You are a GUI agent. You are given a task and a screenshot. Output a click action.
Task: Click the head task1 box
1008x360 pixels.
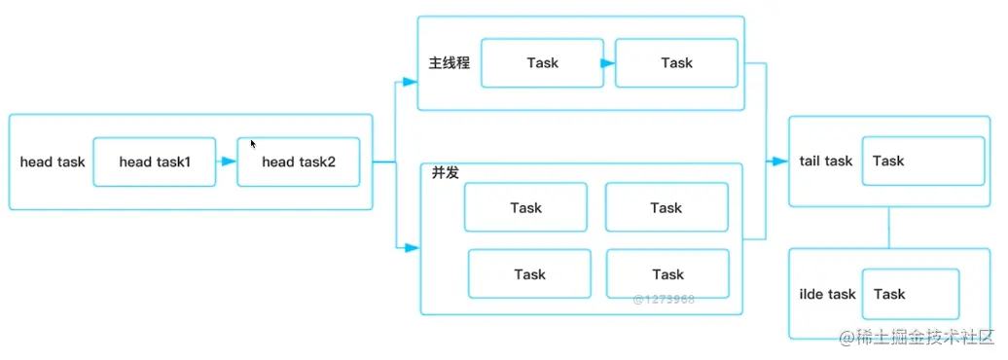click(x=155, y=162)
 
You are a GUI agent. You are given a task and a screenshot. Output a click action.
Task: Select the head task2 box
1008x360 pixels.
click(x=298, y=162)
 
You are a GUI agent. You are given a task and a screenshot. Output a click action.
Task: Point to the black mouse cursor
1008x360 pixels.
click(x=253, y=144)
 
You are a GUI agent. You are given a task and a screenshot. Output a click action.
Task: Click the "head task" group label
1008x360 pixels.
click(x=53, y=162)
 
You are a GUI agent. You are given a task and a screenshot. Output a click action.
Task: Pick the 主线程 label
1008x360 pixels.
click(x=450, y=63)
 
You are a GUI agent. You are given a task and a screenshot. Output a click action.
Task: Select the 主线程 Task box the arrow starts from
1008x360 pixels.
click(x=542, y=63)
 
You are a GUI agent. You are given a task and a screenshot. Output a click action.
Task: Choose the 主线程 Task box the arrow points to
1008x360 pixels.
click(x=676, y=63)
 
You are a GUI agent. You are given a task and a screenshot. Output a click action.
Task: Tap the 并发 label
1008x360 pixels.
click(x=446, y=172)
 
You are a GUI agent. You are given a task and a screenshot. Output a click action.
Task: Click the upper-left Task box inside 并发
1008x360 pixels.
click(x=525, y=207)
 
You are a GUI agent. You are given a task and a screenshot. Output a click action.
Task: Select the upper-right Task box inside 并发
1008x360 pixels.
click(x=666, y=207)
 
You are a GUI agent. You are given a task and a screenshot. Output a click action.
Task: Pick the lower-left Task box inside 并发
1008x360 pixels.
click(x=529, y=274)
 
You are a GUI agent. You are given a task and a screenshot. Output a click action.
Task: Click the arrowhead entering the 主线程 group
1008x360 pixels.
click(x=411, y=82)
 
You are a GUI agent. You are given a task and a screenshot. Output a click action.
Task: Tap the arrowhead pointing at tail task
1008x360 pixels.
click(x=779, y=161)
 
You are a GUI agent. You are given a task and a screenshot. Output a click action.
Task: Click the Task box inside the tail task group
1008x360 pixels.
click(x=922, y=162)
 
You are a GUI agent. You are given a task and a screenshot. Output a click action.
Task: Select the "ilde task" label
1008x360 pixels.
click(x=827, y=294)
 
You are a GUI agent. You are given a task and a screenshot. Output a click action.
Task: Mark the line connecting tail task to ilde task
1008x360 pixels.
click(x=888, y=228)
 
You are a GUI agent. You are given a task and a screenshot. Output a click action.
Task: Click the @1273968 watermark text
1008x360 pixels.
click(x=664, y=299)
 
